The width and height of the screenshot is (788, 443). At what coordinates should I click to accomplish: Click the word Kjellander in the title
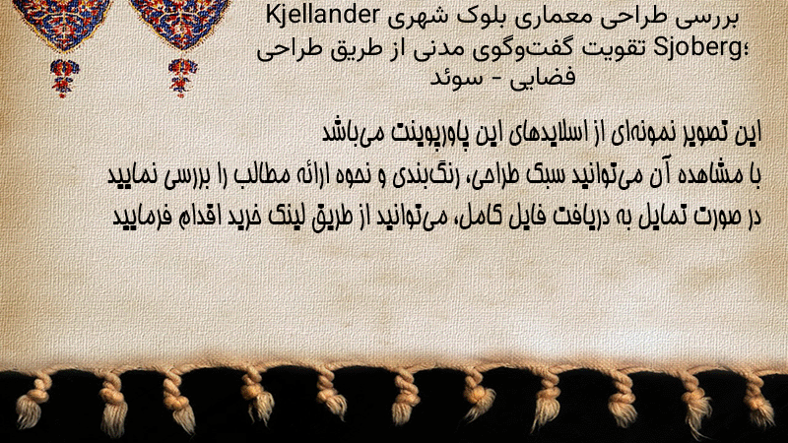point(322,17)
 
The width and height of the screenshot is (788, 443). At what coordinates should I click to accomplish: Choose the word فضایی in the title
point(543,79)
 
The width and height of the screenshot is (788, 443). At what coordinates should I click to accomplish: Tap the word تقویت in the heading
point(618,48)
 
